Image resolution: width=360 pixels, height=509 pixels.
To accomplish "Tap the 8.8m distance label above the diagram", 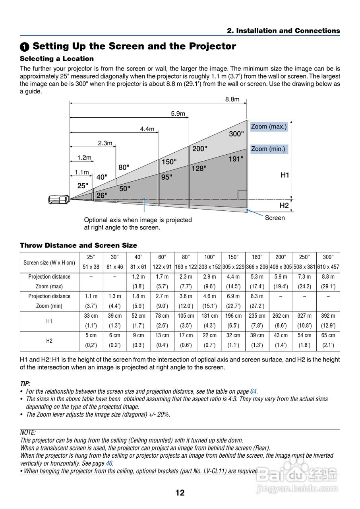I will coord(232,99).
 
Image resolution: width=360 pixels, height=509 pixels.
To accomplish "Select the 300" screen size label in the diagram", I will coord(236,134).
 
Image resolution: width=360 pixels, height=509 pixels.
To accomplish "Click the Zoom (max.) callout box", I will coord(269,127).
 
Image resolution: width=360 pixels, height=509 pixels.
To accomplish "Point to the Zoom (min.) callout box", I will coord(268,149).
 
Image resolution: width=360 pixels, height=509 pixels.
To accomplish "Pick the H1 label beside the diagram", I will coord(285,175).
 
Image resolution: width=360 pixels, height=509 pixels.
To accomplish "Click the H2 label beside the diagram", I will coord(284,205).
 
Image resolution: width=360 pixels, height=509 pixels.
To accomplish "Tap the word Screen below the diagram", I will coord(275,218).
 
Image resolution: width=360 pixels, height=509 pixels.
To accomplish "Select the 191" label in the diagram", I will coord(236,159).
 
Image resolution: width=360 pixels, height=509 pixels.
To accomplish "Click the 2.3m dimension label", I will coord(105,143).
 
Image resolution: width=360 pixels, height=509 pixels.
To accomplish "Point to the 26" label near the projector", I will coord(102,195).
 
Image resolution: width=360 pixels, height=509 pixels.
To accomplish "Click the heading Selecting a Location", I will coord(57,58).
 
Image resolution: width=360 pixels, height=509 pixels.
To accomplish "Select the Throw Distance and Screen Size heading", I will coord(78,245).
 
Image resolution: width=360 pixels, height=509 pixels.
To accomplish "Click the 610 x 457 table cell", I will coord(328,267).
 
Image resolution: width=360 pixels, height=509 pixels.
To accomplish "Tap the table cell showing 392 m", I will coord(328,316).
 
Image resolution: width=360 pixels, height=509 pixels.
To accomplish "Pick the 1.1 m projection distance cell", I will coord(91,296).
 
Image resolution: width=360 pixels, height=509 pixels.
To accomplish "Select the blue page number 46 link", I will coord(109,463).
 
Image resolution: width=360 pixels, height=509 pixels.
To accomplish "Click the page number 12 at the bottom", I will coord(180,493).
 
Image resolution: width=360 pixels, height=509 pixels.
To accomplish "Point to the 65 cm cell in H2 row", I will coord(328,336).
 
